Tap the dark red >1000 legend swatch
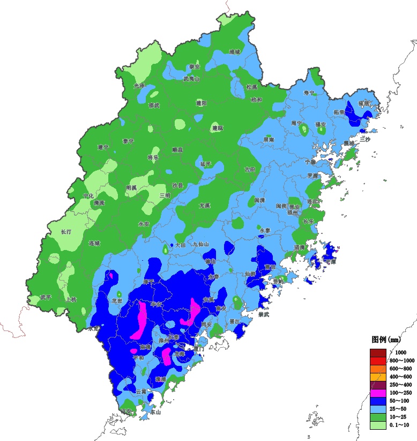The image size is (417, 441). click(378, 352)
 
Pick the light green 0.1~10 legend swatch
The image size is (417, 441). click(378, 425)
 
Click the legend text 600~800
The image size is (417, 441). click(400, 369)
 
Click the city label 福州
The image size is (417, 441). click(293, 212)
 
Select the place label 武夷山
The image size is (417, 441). click(191, 78)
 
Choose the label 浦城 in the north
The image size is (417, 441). click(235, 52)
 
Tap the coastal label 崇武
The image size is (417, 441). click(263, 315)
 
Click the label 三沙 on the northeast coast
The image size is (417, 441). click(366, 138)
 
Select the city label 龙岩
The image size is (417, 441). click(117, 301)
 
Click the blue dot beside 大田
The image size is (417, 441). click(172, 245)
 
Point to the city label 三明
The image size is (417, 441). click(165, 195)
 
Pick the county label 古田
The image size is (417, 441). click(250, 169)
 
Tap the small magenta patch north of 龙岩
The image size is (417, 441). click(111, 275)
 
